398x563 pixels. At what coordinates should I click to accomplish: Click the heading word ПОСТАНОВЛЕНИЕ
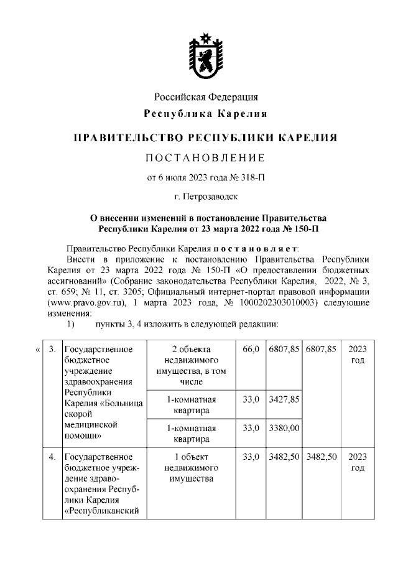[205, 156]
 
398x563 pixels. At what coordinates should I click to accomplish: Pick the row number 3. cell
[53, 349]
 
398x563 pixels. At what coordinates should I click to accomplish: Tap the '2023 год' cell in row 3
[357, 354]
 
